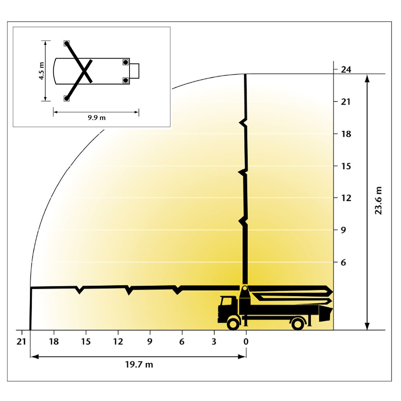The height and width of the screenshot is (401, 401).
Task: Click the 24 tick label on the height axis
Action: point(346,69)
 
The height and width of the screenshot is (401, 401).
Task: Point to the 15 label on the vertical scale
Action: point(346,166)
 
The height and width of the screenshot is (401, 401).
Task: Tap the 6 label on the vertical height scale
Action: point(344,262)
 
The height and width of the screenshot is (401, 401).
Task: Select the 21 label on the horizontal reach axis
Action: point(21,341)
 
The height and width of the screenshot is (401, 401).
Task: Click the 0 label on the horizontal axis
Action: point(246,341)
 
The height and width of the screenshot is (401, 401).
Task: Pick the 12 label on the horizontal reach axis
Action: point(118,341)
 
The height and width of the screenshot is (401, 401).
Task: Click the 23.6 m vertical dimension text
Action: point(378,200)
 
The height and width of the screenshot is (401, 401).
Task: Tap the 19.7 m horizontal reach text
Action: point(139,365)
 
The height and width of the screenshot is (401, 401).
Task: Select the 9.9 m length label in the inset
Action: point(97,118)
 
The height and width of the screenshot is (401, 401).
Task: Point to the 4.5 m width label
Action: point(41,71)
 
